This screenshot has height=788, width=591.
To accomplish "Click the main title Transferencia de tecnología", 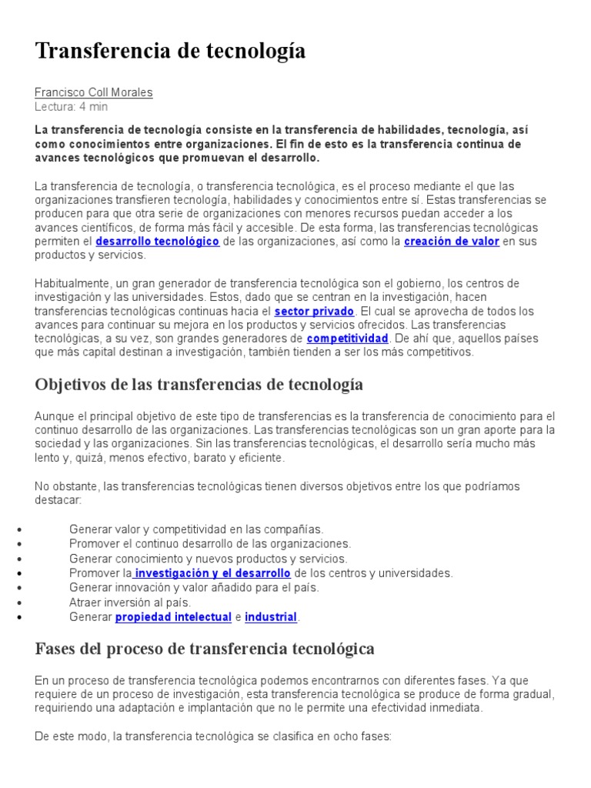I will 170,51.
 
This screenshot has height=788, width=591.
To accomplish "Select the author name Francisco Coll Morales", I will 94,92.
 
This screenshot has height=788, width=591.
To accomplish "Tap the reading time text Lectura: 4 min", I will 72,106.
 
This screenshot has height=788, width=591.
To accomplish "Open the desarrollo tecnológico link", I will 158,242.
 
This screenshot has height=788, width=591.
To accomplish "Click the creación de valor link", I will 452,242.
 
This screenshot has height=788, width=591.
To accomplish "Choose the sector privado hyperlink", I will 314,311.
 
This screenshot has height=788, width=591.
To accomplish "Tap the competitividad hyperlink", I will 347,339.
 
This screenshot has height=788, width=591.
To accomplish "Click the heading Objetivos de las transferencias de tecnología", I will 199,384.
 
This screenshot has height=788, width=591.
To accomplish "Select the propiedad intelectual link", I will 173,617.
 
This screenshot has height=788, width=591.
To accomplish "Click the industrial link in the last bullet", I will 271,617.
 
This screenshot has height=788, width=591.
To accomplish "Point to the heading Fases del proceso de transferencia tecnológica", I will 205,649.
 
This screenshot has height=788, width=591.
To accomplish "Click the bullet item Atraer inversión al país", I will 129,602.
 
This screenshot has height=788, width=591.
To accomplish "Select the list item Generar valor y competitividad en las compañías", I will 196,529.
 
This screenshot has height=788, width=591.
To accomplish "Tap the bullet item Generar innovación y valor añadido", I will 193,587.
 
